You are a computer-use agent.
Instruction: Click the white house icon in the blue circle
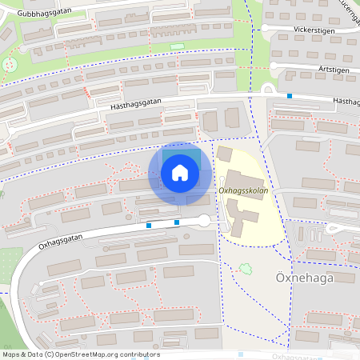(180, 172)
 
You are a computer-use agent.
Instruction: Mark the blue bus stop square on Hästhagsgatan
(290, 96)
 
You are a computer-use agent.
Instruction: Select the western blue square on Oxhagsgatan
(149, 226)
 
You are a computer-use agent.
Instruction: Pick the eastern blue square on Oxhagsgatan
(177, 222)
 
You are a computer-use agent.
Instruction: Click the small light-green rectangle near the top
(177, 46)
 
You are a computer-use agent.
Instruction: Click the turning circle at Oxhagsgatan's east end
(204, 220)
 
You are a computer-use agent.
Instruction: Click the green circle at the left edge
(11, 63)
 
